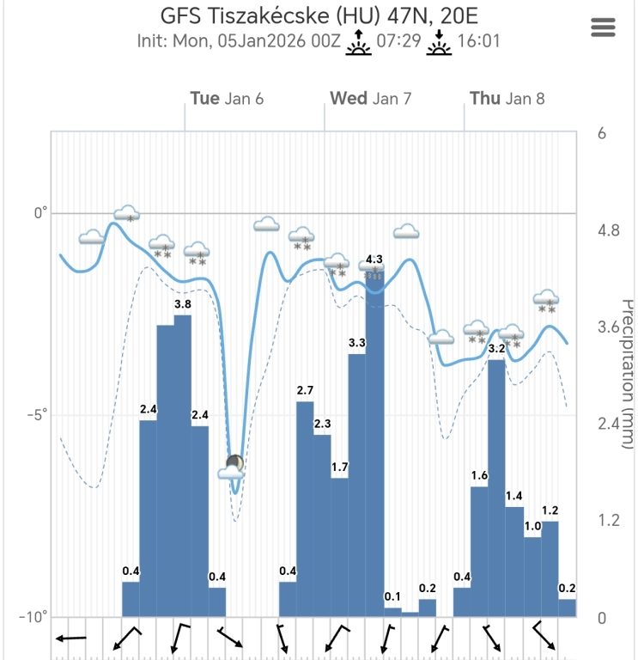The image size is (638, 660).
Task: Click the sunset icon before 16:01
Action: tap(441, 42)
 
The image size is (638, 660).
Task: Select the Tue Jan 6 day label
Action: tap(227, 98)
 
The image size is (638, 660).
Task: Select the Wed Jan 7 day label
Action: tap(371, 98)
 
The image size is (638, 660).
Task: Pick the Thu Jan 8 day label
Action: tap(507, 98)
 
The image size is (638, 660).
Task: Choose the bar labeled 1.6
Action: tap(479, 551)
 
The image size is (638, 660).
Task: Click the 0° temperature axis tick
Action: tap(39, 213)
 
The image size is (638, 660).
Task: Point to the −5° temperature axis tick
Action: tap(35, 415)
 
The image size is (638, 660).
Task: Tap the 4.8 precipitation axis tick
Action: tap(608, 230)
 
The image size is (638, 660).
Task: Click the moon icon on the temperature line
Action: tap(235, 464)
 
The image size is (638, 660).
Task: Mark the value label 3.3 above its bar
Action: tap(357, 343)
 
